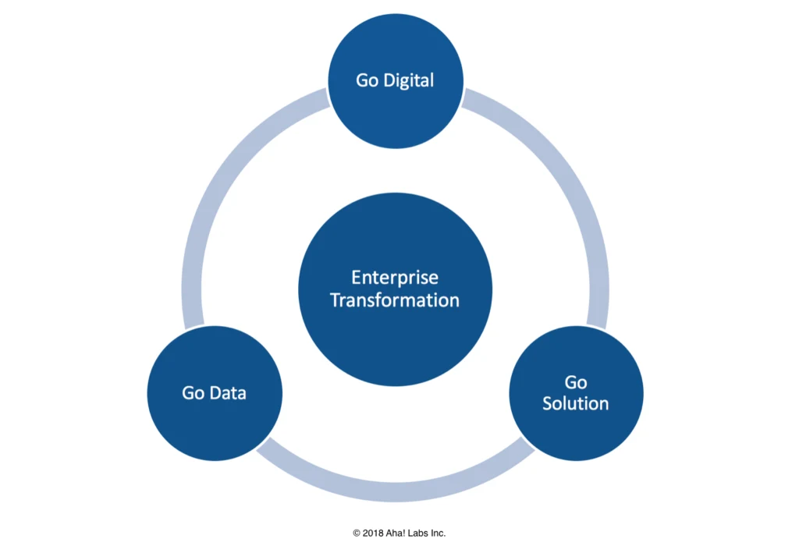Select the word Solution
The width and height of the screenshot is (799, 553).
[576, 403]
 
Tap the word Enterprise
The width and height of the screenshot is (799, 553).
[395, 278]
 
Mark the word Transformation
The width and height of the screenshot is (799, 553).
[395, 300]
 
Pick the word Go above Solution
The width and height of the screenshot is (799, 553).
[576, 382]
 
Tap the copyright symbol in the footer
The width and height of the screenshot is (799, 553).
[357, 534]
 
